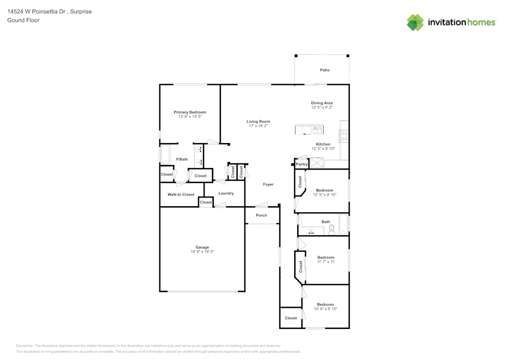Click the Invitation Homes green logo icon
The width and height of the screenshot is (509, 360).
click(x=415, y=22)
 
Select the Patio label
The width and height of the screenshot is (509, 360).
click(x=324, y=70)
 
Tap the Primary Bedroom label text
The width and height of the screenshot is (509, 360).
click(x=190, y=112)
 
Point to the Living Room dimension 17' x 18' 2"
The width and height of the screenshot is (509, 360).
click(x=258, y=126)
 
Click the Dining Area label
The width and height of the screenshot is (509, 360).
click(x=322, y=103)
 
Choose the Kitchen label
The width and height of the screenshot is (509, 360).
click(x=323, y=144)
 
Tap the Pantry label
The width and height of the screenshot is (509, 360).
click(x=302, y=164)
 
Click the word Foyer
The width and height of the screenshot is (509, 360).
click(x=268, y=184)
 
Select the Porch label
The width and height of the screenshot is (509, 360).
click(x=262, y=215)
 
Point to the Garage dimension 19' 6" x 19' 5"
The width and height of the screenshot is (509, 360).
click(x=202, y=252)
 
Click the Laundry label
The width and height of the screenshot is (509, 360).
click(x=226, y=193)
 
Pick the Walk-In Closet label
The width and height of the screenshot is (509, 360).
click(x=181, y=195)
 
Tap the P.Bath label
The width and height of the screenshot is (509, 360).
click(x=182, y=159)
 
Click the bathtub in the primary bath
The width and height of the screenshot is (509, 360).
click(x=165, y=155)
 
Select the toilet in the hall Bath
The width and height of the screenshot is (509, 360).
click(x=331, y=230)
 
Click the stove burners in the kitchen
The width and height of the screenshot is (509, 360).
click(x=344, y=136)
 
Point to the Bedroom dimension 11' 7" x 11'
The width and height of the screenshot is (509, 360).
click(x=326, y=262)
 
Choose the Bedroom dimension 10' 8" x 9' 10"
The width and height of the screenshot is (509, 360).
click(x=326, y=309)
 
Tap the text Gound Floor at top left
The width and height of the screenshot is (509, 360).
click(x=23, y=20)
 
